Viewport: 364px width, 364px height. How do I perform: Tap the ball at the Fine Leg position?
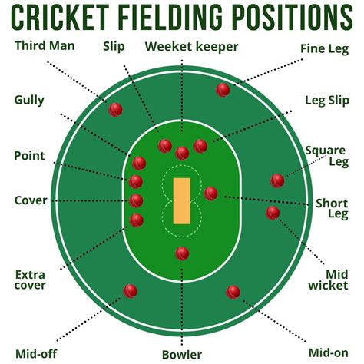point(223,90)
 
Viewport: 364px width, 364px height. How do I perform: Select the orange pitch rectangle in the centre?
point(182,200)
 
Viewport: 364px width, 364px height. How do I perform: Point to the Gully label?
point(29,100)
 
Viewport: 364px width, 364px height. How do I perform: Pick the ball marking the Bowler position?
point(182,253)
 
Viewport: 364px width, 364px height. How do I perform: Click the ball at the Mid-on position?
point(233,292)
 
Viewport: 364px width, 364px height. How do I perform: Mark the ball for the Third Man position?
point(116,109)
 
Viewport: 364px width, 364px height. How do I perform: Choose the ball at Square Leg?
point(278,180)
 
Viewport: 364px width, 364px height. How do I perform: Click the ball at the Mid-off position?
point(131,290)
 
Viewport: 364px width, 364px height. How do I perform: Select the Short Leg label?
point(333,210)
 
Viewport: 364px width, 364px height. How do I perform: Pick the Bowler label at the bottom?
point(182,355)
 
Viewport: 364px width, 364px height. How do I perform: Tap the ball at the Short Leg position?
point(211,194)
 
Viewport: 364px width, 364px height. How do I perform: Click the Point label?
point(29,156)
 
